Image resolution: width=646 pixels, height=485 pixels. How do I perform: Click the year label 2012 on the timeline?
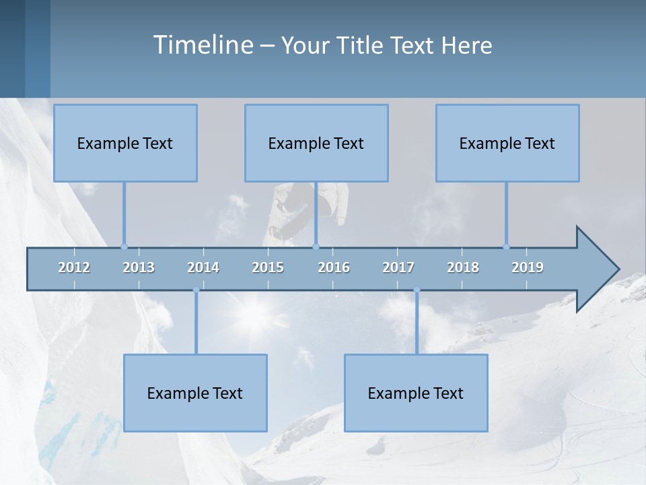(74, 267)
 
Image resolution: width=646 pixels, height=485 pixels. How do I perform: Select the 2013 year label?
(139, 267)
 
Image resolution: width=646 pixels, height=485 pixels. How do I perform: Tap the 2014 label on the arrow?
(203, 267)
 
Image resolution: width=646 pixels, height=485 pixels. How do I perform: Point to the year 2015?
(268, 267)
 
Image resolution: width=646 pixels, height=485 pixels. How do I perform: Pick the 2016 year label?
(334, 267)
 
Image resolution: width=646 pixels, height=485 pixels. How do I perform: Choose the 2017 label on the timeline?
(398, 267)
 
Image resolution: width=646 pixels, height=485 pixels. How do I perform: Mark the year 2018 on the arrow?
(463, 267)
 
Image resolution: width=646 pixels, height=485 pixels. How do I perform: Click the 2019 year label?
(528, 267)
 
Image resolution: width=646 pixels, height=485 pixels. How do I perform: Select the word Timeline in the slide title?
(202, 45)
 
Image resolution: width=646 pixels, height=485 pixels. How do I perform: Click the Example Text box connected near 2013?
(125, 143)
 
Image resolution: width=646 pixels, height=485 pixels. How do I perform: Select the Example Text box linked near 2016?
(316, 143)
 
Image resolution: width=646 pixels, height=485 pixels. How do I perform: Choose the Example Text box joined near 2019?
(507, 143)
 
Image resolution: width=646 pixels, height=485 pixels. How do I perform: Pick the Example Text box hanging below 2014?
(195, 393)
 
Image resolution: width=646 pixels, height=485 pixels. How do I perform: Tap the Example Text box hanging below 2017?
(416, 393)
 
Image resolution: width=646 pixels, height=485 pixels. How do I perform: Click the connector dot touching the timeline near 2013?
(124, 247)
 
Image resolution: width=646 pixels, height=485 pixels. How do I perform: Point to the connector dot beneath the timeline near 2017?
(417, 290)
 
